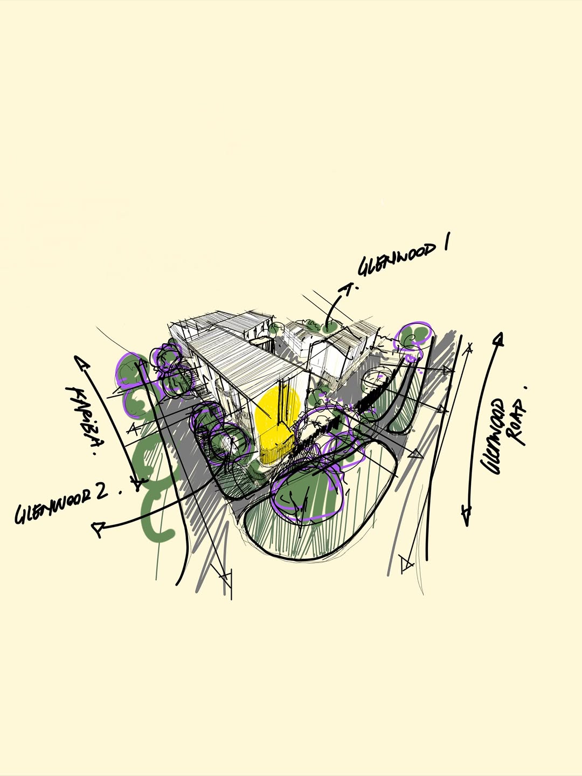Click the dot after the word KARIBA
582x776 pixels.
95,454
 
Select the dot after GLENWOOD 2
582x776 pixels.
121,491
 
